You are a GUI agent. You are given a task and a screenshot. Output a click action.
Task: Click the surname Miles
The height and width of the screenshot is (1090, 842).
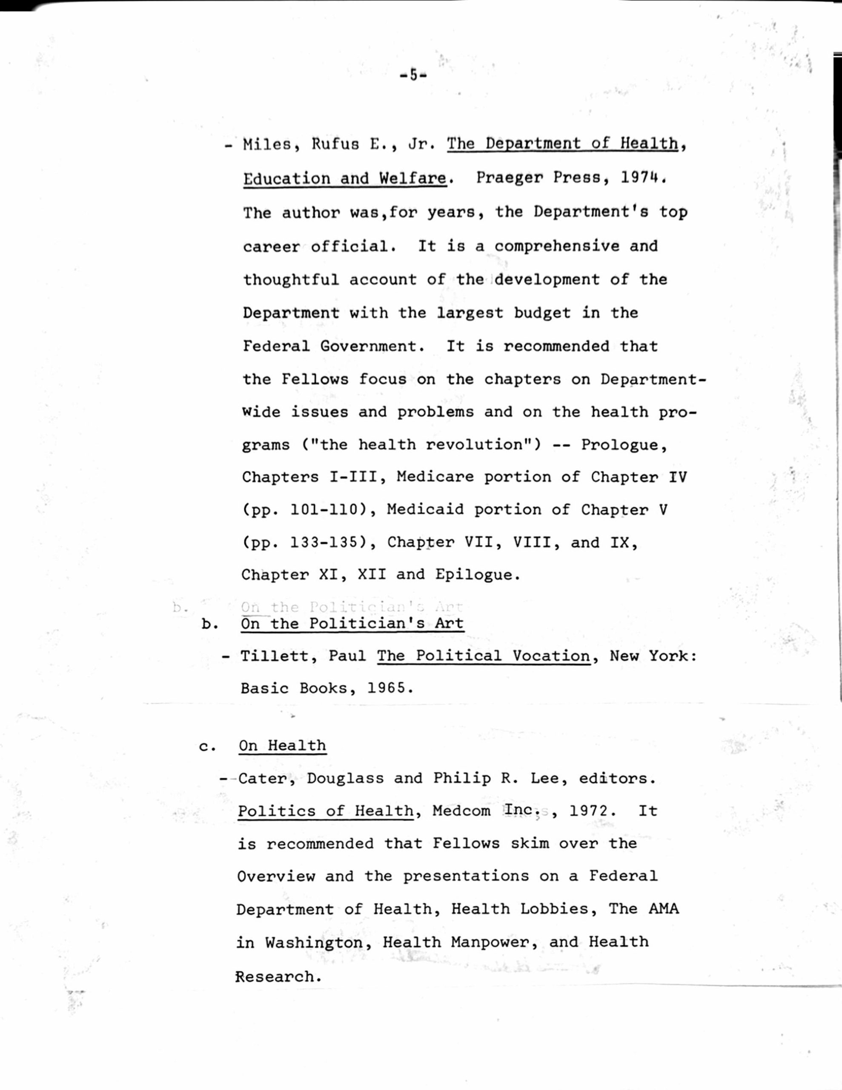tap(272, 145)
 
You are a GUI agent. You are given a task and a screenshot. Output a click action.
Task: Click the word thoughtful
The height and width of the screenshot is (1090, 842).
tap(291, 279)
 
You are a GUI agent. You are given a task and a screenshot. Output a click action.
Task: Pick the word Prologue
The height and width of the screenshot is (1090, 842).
tap(623, 445)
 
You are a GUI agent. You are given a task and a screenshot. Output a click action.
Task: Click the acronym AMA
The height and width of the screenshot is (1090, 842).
tap(663, 909)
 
